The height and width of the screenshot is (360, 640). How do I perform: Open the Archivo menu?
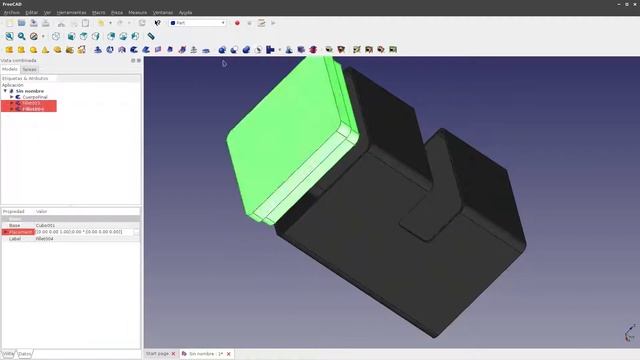11,12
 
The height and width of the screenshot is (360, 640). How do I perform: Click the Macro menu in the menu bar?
98,12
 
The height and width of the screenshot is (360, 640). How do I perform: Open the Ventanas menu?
162,12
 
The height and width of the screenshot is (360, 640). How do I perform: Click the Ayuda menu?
186,12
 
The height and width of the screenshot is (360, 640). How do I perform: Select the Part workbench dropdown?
198,22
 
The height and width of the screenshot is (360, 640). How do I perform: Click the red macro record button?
237,22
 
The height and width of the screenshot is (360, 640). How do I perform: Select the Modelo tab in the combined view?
10,69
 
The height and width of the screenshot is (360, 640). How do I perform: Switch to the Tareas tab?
30,69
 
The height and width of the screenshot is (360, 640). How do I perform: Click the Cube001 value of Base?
47,225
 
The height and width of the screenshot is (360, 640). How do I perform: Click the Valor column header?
42,211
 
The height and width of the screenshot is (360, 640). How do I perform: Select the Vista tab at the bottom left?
8,354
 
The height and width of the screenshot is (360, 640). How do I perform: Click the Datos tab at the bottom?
25,354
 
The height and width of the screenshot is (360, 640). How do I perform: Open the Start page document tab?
157,354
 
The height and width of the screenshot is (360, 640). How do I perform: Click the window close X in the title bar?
633,4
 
